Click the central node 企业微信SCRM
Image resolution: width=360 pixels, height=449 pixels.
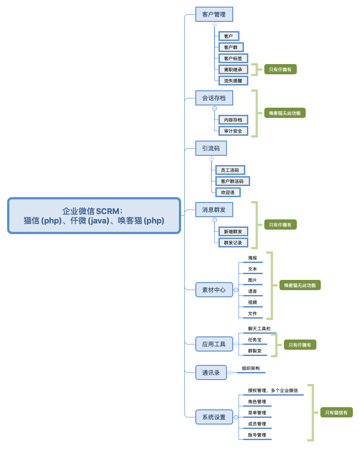point(94,216)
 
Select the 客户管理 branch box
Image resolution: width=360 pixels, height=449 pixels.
point(214,14)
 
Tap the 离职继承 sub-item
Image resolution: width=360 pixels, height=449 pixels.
point(233,69)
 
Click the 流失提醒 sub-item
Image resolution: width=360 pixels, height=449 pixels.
point(233,81)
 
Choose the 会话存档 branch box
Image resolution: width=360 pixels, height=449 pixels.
point(214,98)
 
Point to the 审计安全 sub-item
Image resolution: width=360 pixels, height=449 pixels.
point(233,131)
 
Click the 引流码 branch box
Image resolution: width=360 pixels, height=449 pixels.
point(211,148)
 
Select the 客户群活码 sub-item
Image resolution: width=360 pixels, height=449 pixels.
point(232,181)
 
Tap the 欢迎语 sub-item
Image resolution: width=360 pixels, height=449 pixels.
point(228,192)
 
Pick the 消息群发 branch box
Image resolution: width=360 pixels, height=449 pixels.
point(214,209)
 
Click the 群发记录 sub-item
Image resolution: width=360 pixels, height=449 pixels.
point(233,243)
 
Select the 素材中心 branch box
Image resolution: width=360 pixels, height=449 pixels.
point(214,290)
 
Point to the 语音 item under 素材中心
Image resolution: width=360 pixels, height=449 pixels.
point(252,291)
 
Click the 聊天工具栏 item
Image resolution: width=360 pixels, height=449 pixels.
point(259,328)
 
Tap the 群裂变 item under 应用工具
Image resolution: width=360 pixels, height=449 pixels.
point(255,351)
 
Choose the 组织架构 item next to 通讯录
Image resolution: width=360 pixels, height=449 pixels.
point(251,368)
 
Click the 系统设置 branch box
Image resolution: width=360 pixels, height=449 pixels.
point(214,417)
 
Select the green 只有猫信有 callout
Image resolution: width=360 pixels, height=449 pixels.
point(336,413)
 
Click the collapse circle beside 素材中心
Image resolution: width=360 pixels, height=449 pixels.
point(236,290)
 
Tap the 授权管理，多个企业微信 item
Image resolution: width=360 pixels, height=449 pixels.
point(273,390)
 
